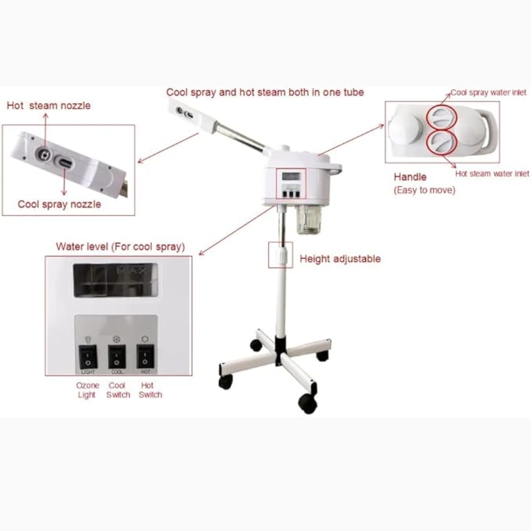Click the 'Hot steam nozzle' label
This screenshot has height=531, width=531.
pos(49,105)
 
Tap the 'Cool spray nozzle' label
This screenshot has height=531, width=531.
pos(59,204)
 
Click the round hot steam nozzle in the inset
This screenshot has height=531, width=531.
pos(44,155)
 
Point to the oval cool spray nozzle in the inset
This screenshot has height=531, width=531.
pos(65,162)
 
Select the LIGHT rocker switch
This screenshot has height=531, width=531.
pos(88,357)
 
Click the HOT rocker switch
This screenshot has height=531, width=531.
pos(145,357)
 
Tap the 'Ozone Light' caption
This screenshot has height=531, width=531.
pos(88,390)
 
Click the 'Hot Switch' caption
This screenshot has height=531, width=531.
pos(150,390)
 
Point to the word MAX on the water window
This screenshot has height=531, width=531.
pos(132,271)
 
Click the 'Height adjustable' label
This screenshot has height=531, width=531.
pos(340,259)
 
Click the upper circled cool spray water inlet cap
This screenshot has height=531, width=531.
pos(441,117)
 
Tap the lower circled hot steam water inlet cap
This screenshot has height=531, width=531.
pos(441,143)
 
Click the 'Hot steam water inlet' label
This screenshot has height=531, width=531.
pos(492,174)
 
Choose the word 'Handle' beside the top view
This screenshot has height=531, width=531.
pos(410,177)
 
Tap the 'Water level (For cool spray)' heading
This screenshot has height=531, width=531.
pos(120,246)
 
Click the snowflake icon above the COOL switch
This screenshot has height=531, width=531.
pos(116,339)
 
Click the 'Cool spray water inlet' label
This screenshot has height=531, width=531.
pos(489,92)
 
